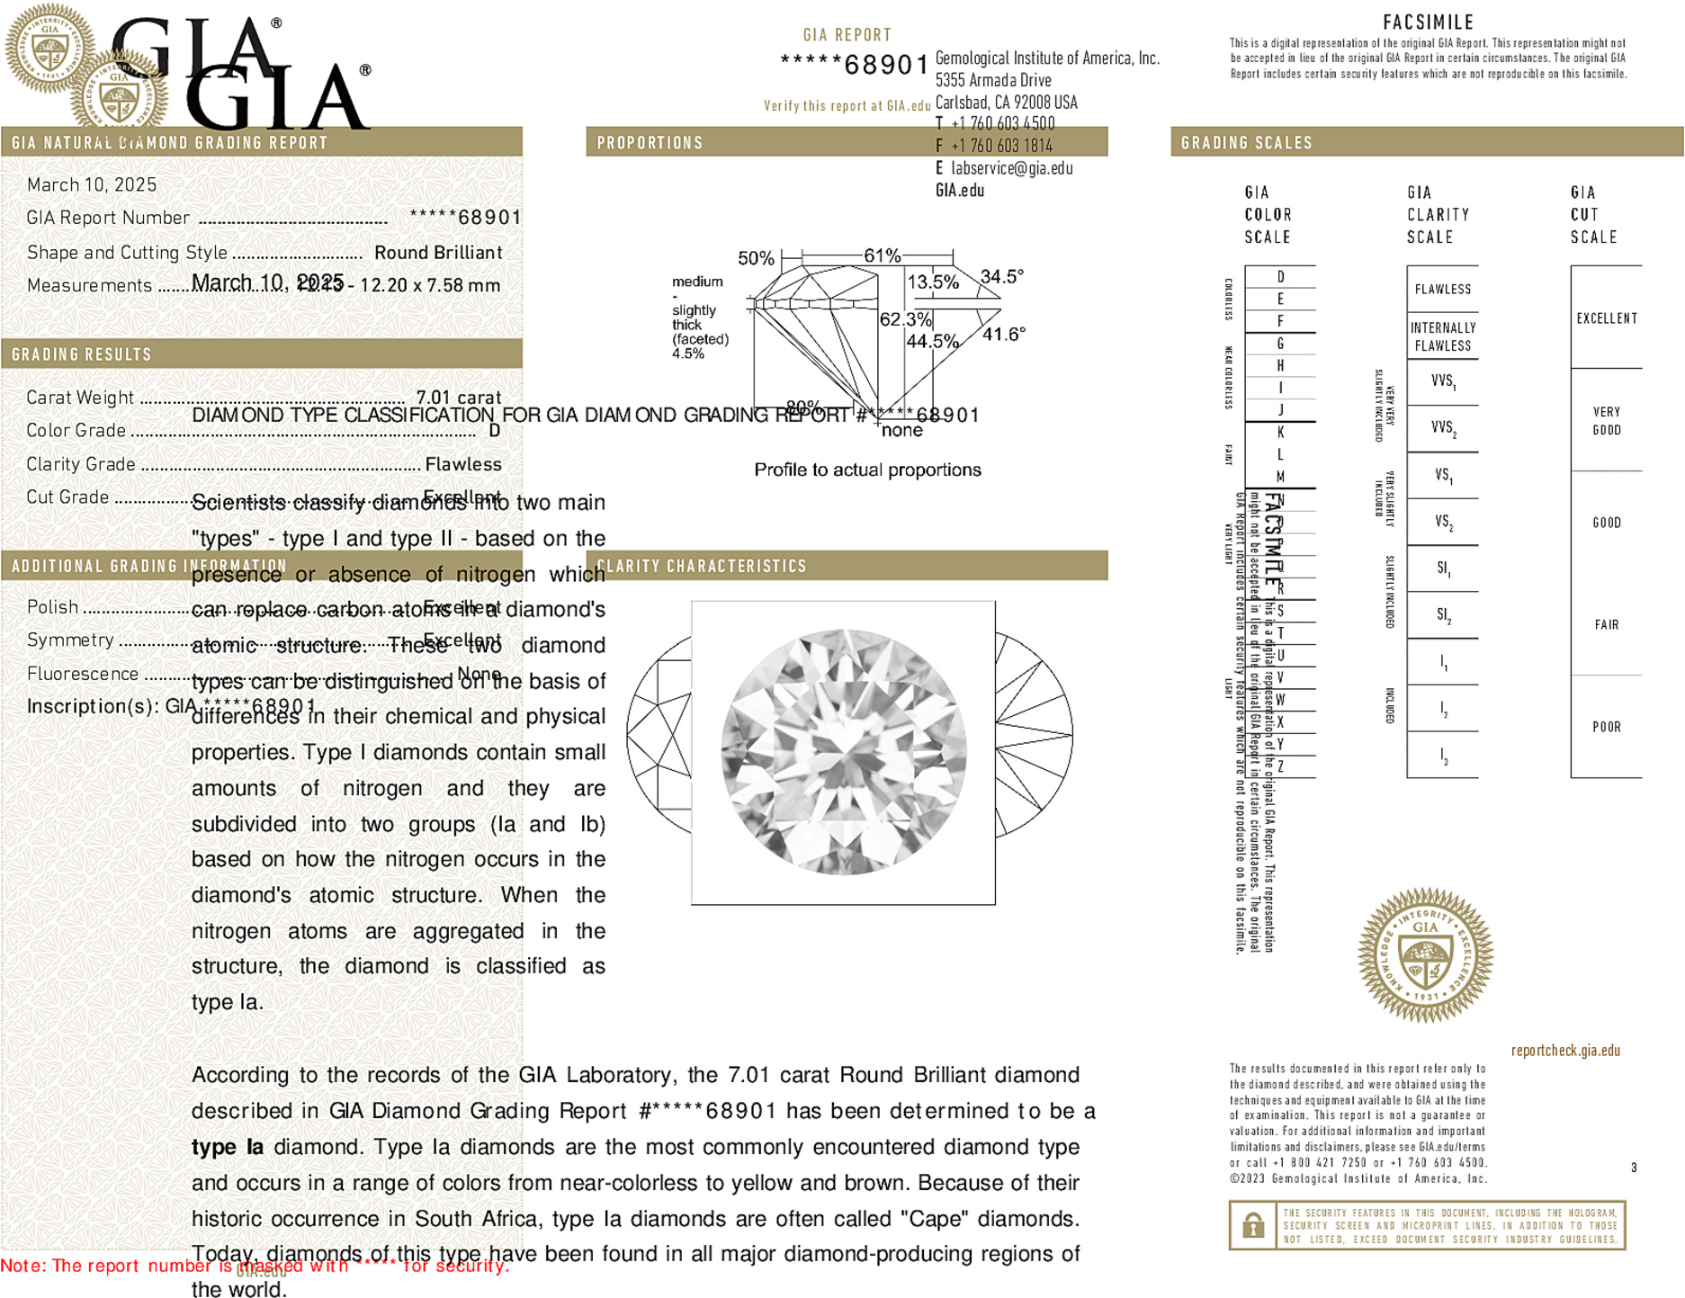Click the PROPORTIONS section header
pyautogui.click(x=650, y=143)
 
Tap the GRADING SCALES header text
pyautogui.click(x=1246, y=143)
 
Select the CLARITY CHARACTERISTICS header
pyautogui.click(x=702, y=566)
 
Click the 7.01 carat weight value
pyautogui.click(x=458, y=398)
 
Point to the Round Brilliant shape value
pyautogui.click(x=438, y=253)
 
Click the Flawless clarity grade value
pyautogui.click(x=463, y=464)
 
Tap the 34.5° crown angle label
pyautogui.click(x=1001, y=277)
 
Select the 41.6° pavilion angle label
pyautogui.click(x=1003, y=335)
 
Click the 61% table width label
pyautogui.click(x=882, y=256)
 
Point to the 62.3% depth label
pyautogui.click(x=905, y=319)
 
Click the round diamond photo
pyautogui.click(x=843, y=752)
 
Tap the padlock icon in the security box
pyautogui.click(x=1252, y=1225)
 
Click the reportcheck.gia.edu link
pyautogui.click(x=1564, y=1051)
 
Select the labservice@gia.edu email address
pyautogui.click(x=1011, y=168)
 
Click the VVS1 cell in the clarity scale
pyautogui.click(x=1442, y=381)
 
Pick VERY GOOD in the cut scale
pyautogui.click(x=1606, y=420)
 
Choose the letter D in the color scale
pyautogui.click(x=1280, y=277)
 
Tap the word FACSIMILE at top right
pyautogui.click(x=1428, y=22)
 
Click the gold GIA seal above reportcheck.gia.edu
pyautogui.click(x=1425, y=955)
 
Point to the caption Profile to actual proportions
pyautogui.click(x=867, y=470)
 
